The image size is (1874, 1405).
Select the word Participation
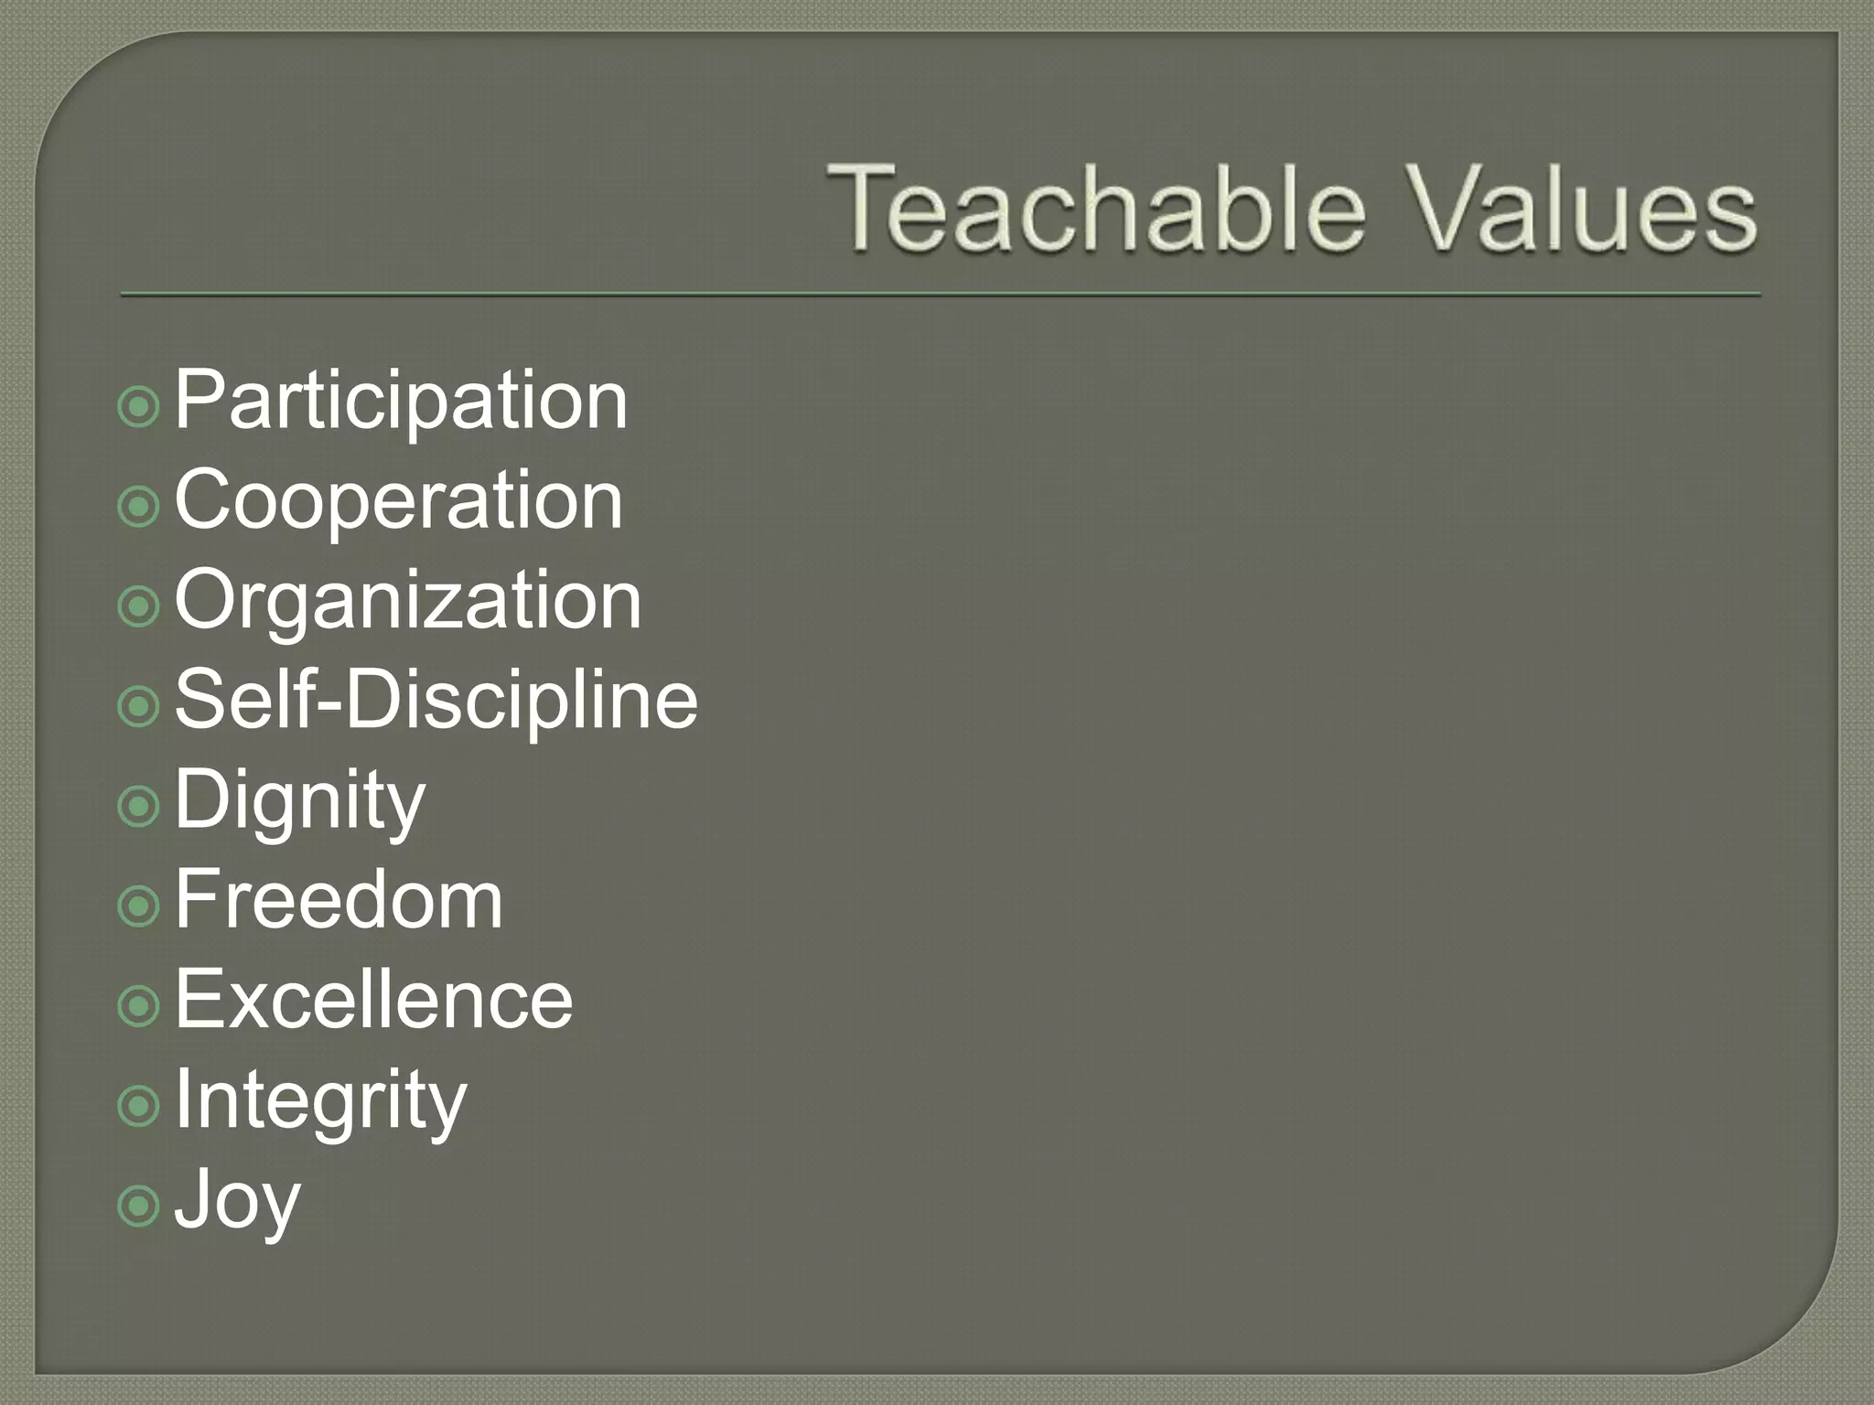401,400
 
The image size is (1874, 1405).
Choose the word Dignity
299,801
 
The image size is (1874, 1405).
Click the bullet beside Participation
139,406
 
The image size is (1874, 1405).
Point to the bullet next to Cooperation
139,506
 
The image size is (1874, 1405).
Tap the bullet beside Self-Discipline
139,706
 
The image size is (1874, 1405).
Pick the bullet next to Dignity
139,806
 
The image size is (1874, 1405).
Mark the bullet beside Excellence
139,1006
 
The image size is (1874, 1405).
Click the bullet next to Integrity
139,1106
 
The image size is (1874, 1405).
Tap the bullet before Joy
139,1206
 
